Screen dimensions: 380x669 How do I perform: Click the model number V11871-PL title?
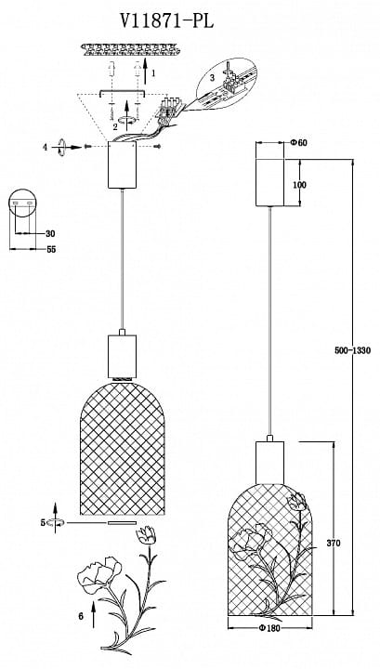pos(166,20)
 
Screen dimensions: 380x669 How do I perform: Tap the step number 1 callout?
pos(153,73)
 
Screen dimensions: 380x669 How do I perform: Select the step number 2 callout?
pos(115,126)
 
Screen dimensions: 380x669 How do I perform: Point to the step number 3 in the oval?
pos(213,78)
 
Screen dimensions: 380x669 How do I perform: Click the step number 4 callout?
pos(45,148)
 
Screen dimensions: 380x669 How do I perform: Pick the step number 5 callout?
pos(43,522)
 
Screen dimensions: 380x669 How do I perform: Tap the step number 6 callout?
pos(81,616)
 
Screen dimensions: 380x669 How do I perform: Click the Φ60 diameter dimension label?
pos(298,143)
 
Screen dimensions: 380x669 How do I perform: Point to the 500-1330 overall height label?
pos(353,350)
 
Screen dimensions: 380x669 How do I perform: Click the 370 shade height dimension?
pos(334,544)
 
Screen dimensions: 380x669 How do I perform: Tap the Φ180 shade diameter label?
pos(269,628)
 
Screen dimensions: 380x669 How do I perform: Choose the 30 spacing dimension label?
pos(50,234)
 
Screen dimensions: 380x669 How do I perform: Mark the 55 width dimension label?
pos(51,250)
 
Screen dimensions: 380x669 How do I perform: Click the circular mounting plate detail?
pos(21,203)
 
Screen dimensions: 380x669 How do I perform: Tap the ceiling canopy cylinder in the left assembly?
pos(122,164)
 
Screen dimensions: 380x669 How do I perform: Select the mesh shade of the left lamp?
pos(123,448)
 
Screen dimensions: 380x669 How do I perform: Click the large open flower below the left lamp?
pos(98,575)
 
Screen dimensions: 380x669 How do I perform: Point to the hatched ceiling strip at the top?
pos(130,49)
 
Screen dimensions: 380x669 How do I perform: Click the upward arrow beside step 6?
pos(94,615)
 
